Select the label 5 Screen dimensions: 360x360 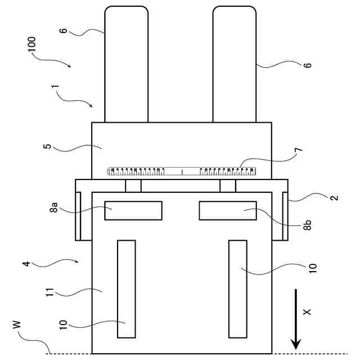(48, 147)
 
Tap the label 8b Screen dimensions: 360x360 (307, 224)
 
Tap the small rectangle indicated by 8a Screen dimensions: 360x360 (133, 210)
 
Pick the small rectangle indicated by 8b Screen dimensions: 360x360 (227, 210)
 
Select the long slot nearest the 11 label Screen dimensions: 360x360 (126, 289)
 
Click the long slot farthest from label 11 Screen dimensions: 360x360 (237, 289)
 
